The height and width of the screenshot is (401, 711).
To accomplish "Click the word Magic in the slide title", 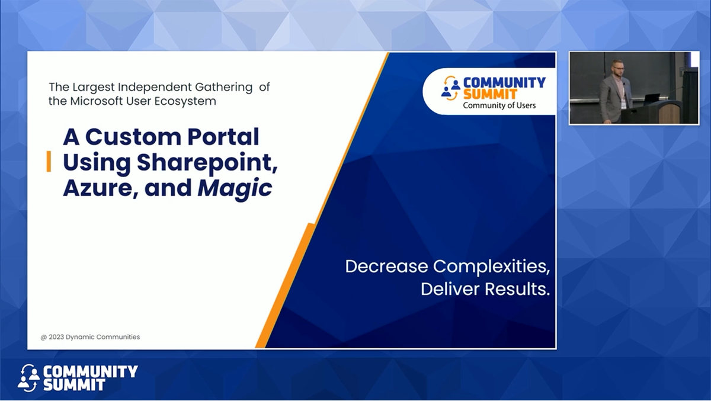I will (235, 188).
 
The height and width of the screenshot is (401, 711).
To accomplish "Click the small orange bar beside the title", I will (49, 161).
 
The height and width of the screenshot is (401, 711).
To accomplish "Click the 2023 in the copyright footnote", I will (55, 337).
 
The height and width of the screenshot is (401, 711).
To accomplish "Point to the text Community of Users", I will (499, 105).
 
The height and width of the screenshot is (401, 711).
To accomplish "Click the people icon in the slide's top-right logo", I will (451, 88).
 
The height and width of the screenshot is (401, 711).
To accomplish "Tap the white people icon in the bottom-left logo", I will (28, 377).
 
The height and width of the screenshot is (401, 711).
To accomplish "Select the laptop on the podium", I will (652, 98).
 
